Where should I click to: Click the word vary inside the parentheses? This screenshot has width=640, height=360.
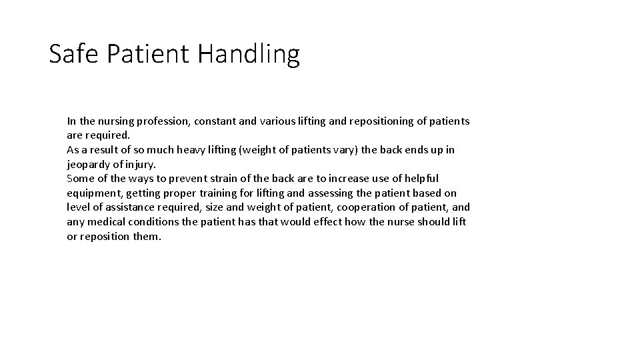coord(345,150)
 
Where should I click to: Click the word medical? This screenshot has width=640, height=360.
coord(105,222)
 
